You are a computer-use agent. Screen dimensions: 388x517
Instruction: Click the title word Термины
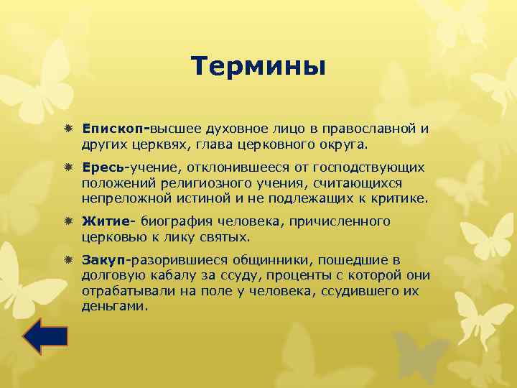point(258,67)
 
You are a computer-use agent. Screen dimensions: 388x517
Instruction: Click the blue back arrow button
point(45,336)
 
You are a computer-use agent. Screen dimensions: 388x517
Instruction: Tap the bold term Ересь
point(103,167)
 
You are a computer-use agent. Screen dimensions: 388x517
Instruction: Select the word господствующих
point(371,167)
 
